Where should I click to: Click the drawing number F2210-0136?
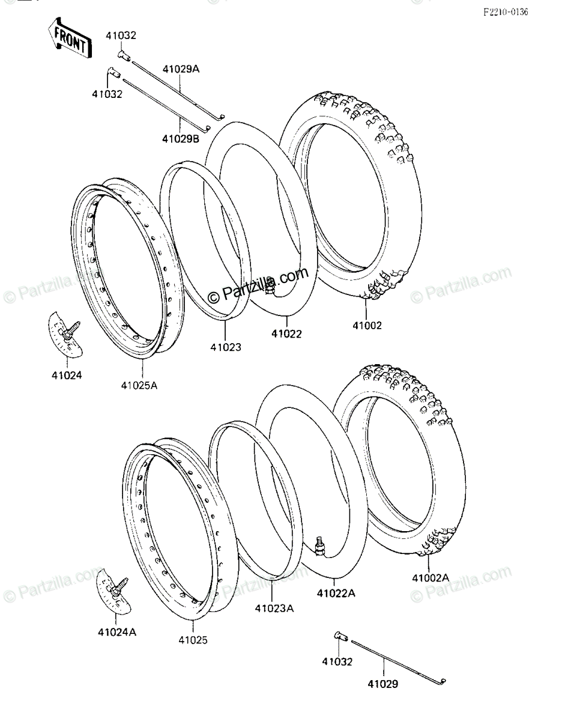tap(506, 13)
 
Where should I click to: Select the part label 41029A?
tap(181, 69)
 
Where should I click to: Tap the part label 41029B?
tap(181, 138)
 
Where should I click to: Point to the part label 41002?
tap(367, 325)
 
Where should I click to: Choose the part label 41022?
tap(286, 333)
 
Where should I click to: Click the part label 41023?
tap(226, 347)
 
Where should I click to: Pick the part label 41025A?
tap(139, 386)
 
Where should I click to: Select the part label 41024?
tap(67, 376)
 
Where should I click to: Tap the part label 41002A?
tap(431, 578)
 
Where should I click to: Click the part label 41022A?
tap(336, 594)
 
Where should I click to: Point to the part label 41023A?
tap(274, 608)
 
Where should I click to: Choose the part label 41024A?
tap(117, 632)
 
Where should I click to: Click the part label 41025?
tap(193, 640)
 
